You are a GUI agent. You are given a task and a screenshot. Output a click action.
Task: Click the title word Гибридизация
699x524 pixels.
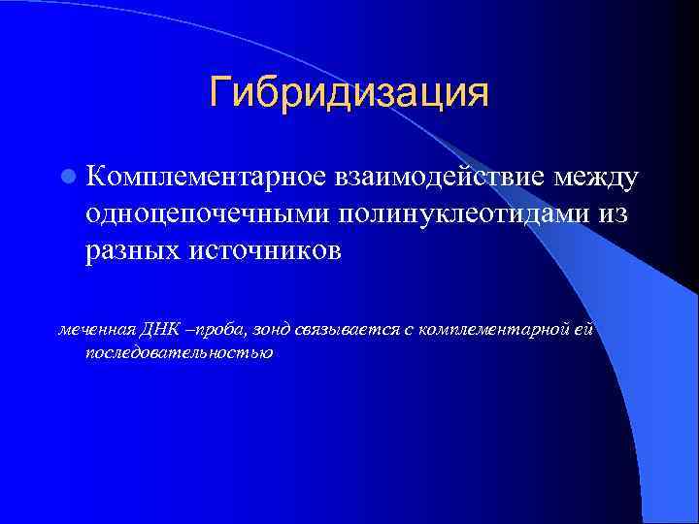click(x=349, y=94)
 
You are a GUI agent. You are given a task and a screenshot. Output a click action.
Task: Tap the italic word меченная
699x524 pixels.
click(x=89, y=331)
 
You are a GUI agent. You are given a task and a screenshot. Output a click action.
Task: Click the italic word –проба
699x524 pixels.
click(x=200, y=332)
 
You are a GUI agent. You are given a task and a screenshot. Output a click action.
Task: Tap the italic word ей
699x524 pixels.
click(x=581, y=331)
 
